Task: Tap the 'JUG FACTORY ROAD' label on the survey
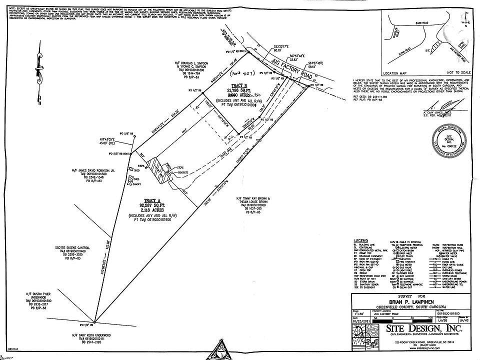[287, 69]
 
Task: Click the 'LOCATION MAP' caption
[395, 72]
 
